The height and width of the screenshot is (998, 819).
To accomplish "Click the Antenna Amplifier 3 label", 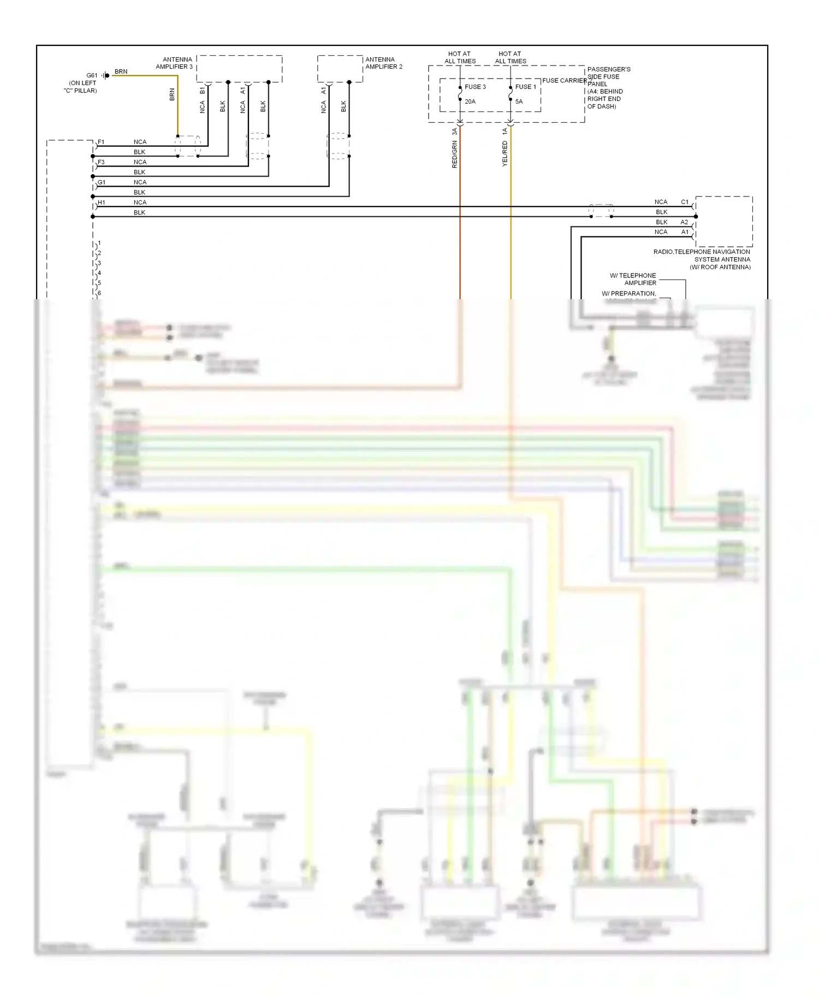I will point(174,63).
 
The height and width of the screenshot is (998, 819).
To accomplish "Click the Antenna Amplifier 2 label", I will point(384,63).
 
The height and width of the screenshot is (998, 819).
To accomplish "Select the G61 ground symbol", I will point(105,75).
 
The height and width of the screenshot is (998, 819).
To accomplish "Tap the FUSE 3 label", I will point(475,87).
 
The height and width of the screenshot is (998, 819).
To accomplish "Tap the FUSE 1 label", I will point(526,87).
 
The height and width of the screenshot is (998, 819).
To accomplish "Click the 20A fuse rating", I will point(470,102).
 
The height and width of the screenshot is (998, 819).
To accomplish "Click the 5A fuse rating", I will point(519,102).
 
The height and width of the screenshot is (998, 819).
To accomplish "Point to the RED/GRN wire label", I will point(454,154).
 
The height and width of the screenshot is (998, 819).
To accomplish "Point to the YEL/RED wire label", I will point(505,153).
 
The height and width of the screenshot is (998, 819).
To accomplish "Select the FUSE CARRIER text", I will point(564,80).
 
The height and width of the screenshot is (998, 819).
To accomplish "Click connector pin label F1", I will point(101,142).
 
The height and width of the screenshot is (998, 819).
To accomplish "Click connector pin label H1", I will point(101,203).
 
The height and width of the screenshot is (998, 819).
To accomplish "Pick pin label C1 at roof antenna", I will point(685,202).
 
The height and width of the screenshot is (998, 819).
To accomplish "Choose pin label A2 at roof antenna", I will point(684,222).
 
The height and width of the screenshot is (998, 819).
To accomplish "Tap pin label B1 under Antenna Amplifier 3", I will point(202,90).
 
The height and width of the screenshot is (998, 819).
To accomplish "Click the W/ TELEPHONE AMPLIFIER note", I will point(633,279).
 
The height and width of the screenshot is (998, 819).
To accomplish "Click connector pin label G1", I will point(102,182).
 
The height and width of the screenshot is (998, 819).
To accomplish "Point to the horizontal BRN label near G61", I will point(121,72).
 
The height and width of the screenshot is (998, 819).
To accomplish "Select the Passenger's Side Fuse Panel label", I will point(608,87).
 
